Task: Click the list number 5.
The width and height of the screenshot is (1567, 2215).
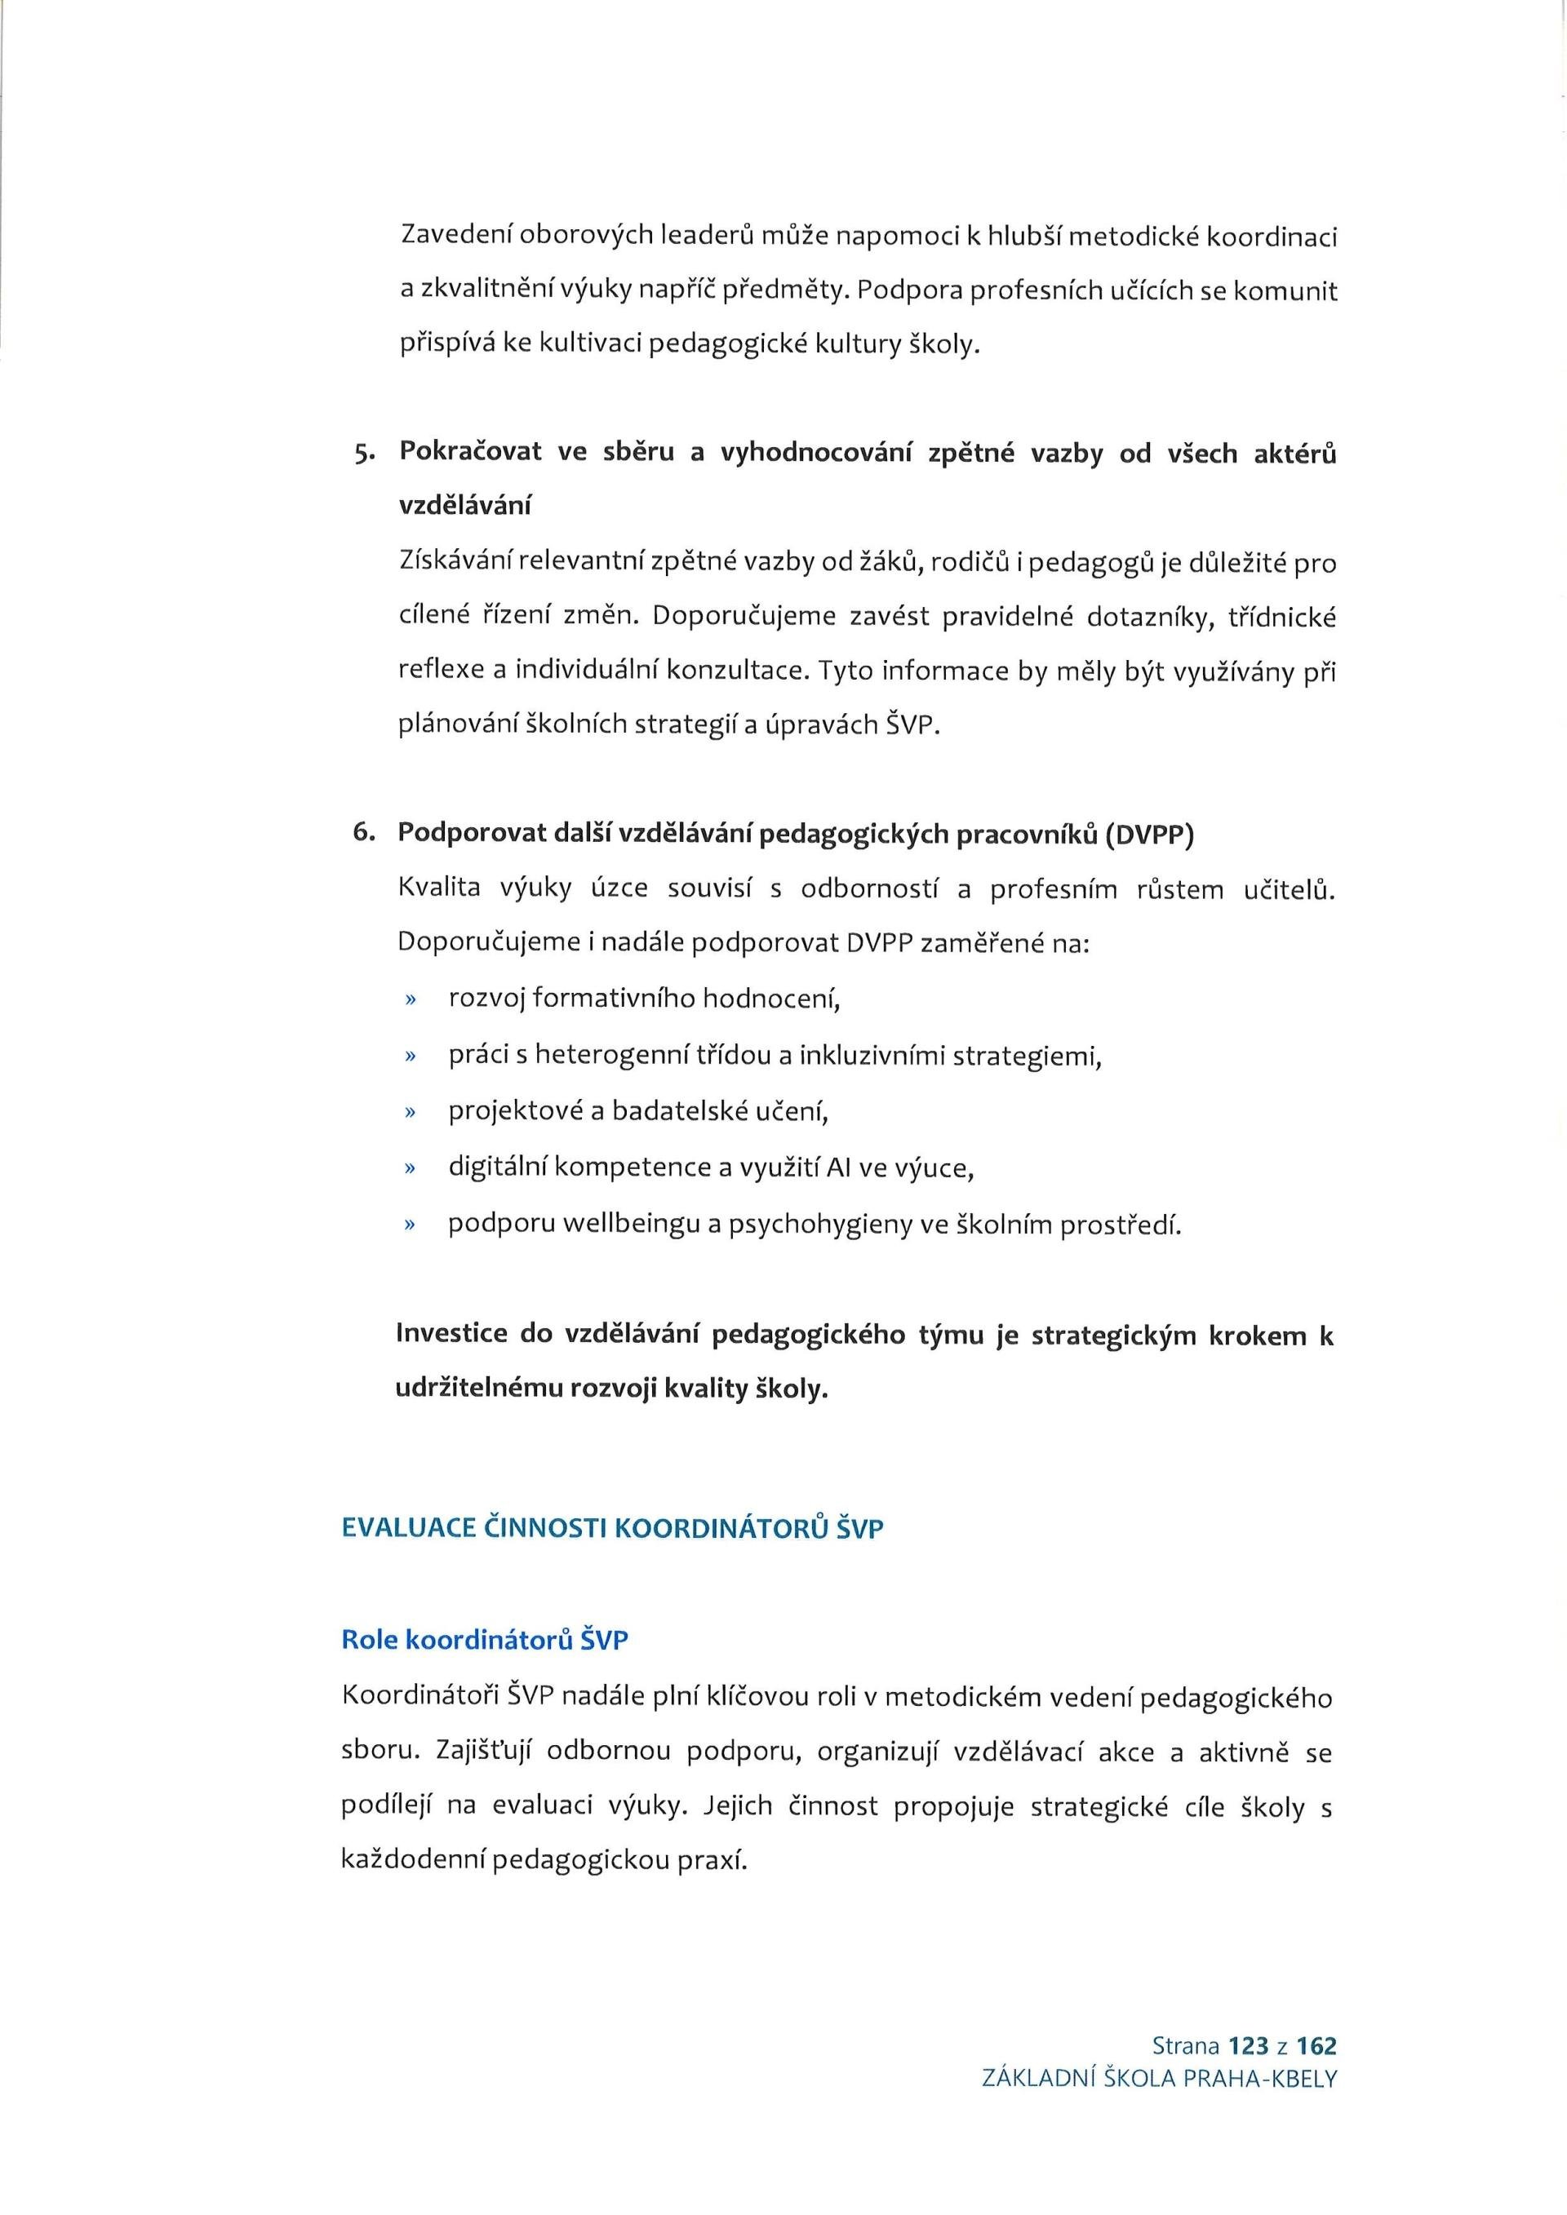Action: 361,454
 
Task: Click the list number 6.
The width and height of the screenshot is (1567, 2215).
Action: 363,834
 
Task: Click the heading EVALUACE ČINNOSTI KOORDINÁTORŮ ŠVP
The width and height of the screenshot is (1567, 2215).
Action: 613,1529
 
